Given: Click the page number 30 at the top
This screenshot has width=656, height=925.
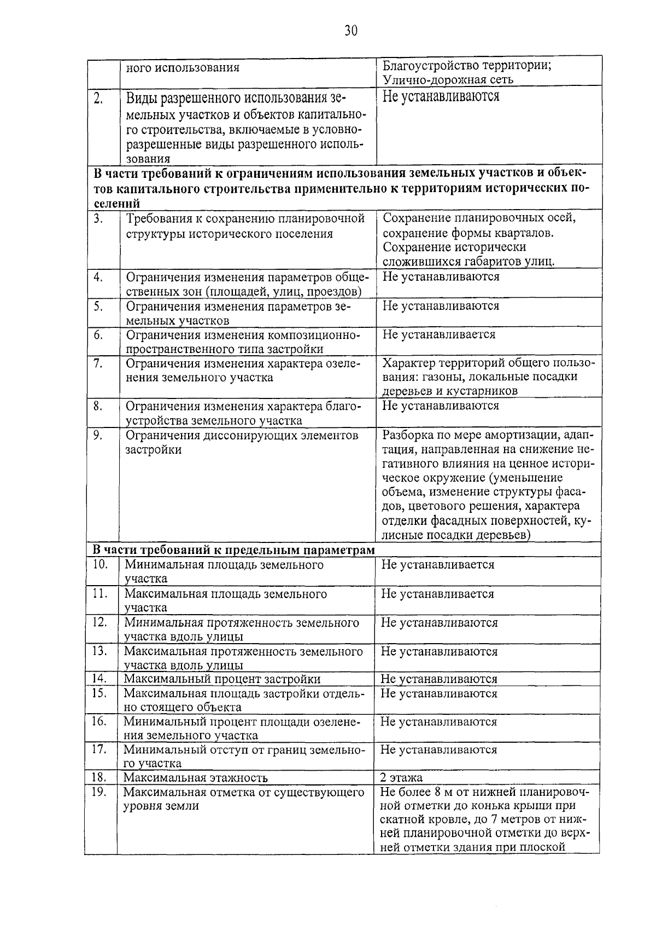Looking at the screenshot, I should [x=350, y=31].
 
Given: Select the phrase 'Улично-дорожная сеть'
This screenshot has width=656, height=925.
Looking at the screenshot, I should [x=448, y=80].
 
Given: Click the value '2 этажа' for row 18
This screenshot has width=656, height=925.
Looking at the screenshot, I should [x=402, y=778].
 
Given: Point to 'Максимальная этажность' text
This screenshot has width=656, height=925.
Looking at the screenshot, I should [x=195, y=778].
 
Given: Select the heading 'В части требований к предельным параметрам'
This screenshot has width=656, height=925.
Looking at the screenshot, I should [x=233, y=550].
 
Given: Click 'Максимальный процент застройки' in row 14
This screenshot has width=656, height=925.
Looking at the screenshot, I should [x=222, y=679].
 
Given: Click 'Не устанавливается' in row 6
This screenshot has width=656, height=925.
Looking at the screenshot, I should [x=438, y=334].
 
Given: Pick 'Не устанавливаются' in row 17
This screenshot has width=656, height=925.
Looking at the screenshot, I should [x=438, y=750].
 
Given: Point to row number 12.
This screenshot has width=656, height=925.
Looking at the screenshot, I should [x=99, y=622].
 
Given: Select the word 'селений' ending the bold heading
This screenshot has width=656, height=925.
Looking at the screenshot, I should [x=116, y=204].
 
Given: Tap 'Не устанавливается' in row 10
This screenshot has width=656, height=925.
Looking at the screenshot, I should [x=437, y=565].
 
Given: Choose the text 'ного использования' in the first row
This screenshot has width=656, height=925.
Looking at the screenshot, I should [x=183, y=68].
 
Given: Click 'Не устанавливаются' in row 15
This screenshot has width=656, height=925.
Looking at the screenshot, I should [x=438, y=693].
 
